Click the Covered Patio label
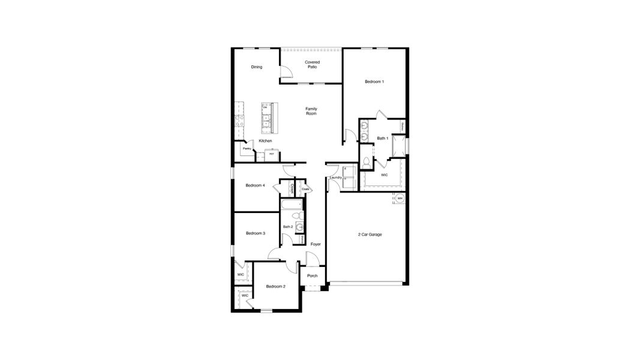[312, 64]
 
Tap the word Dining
[257, 67]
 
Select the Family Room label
[311, 111]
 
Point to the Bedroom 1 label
[374, 82]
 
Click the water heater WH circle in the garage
[400, 199]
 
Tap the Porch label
[312, 276]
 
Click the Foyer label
[316, 244]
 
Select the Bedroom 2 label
[275, 286]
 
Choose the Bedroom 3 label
[256, 233]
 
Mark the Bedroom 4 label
[256, 185]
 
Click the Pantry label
[247, 148]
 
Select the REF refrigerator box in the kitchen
[272, 154]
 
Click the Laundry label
[335, 178]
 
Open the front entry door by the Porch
[312, 259]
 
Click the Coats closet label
[306, 189]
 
